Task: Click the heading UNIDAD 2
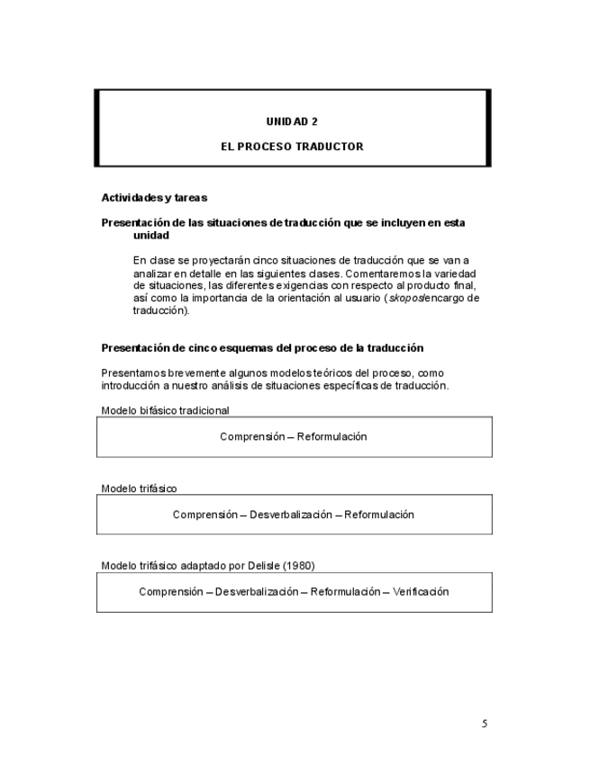[292, 120]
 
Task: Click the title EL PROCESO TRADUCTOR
[293, 146]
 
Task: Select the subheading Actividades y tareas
[154, 197]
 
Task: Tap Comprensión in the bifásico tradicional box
[250, 436]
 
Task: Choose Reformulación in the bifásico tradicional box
[333, 436]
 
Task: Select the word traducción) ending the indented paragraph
[161, 310]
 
